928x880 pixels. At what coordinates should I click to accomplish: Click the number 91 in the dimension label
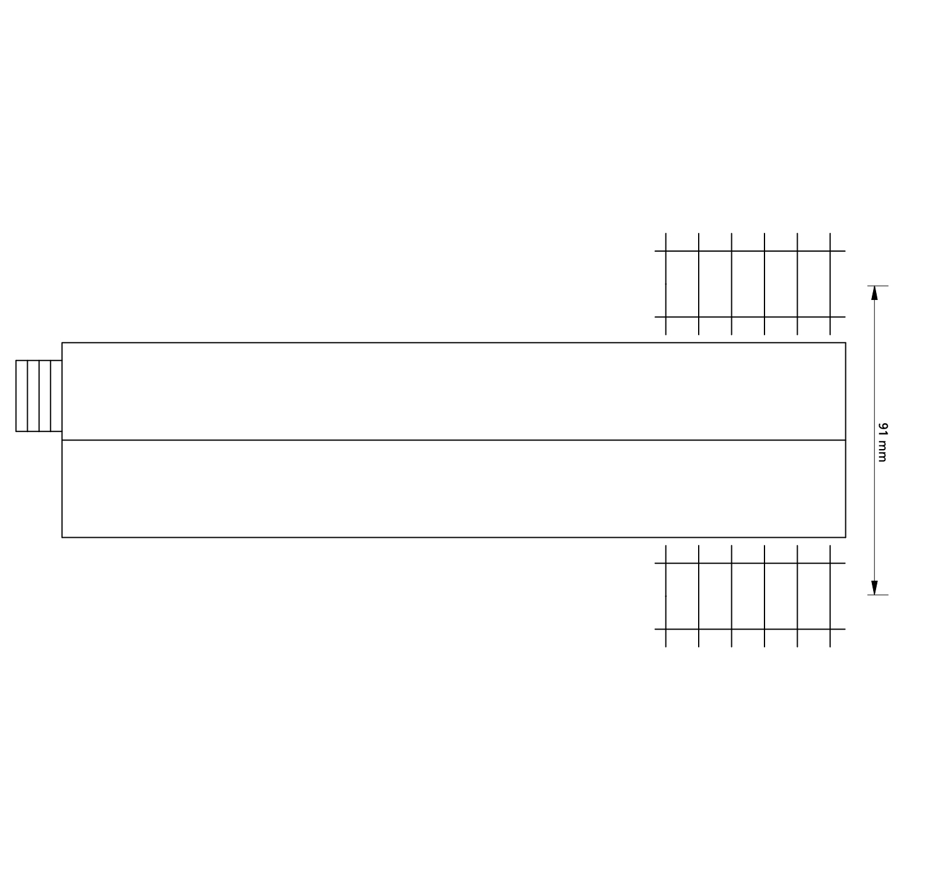(x=882, y=429)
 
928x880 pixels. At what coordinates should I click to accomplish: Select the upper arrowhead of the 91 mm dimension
(x=874, y=293)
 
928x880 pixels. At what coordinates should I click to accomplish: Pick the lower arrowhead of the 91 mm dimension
(x=874, y=587)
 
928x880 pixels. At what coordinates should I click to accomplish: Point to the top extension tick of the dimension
(x=878, y=285)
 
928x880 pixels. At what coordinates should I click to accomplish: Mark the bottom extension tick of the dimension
(x=878, y=595)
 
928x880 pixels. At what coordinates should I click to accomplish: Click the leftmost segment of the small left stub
(x=22, y=396)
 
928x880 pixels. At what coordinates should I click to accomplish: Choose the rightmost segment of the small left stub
(x=56, y=396)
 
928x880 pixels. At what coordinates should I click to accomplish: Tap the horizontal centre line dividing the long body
(x=454, y=440)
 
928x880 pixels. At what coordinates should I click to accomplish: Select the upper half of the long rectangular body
(x=454, y=391)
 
